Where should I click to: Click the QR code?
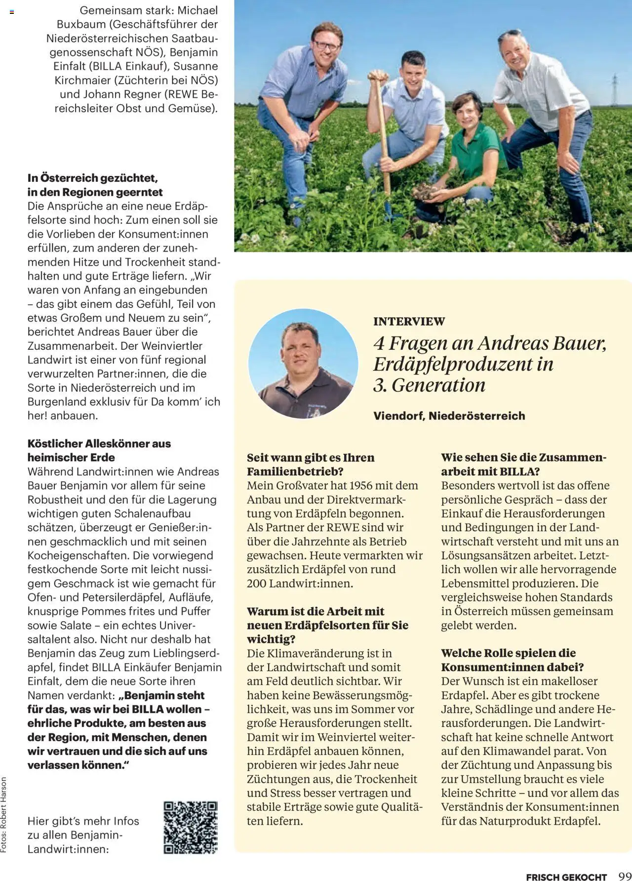[x=191, y=827]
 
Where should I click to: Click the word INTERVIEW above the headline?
[x=409, y=322]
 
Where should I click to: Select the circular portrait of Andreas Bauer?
[x=303, y=364]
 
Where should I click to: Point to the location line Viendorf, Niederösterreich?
[x=449, y=416]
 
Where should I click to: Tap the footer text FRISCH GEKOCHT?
[x=566, y=874]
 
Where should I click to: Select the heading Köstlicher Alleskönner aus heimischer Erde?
[x=99, y=450]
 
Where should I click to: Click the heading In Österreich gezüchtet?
[x=93, y=178]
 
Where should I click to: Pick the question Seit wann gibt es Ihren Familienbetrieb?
[x=310, y=464]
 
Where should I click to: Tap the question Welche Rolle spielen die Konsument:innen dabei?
[x=513, y=660]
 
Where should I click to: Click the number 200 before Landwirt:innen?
[x=257, y=584]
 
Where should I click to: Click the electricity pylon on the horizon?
[x=615, y=88]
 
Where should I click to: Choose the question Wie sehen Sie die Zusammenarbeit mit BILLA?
[x=523, y=464]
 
